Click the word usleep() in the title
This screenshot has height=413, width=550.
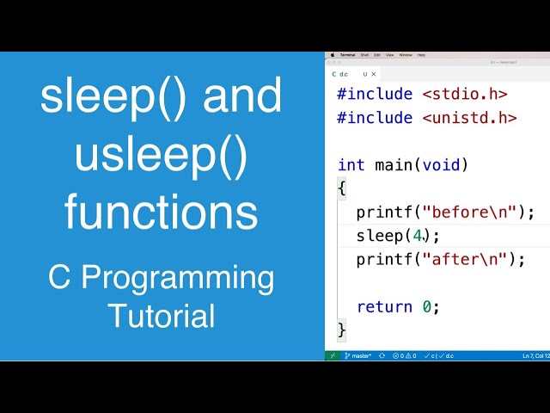161,155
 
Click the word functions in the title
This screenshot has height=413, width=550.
161,212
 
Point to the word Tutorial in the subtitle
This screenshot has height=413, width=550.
161,316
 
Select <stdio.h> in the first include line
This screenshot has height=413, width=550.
464,95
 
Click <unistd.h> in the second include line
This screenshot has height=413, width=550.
469,118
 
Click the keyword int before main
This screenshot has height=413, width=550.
351,165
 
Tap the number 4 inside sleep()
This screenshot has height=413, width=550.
418,236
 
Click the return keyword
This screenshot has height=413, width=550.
384,306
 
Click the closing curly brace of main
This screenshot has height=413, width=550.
342,330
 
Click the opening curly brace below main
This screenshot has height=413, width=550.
342,188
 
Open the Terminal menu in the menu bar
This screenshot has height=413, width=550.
347,54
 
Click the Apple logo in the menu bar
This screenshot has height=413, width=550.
333,54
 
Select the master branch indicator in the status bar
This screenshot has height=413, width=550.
358,355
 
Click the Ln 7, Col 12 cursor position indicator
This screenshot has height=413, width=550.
535,355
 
